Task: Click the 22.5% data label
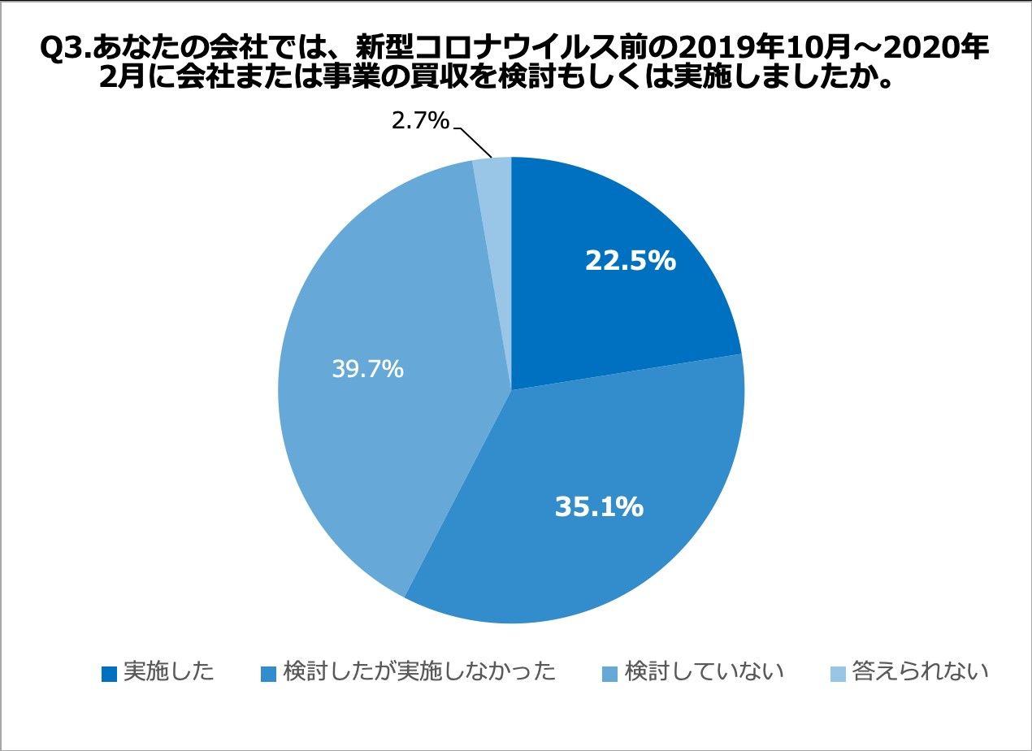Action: tap(630, 262)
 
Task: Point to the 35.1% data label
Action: tap(599, 507)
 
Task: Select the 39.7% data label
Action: tap(367, 369)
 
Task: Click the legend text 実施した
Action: tap(169, 672)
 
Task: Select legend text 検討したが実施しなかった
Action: tap(420, 672)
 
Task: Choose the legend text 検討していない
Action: tap(704, 672)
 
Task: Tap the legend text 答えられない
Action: tap(920, 672)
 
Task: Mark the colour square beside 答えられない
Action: tap(838, 674)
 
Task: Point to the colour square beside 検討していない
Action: tap(610, 674)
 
